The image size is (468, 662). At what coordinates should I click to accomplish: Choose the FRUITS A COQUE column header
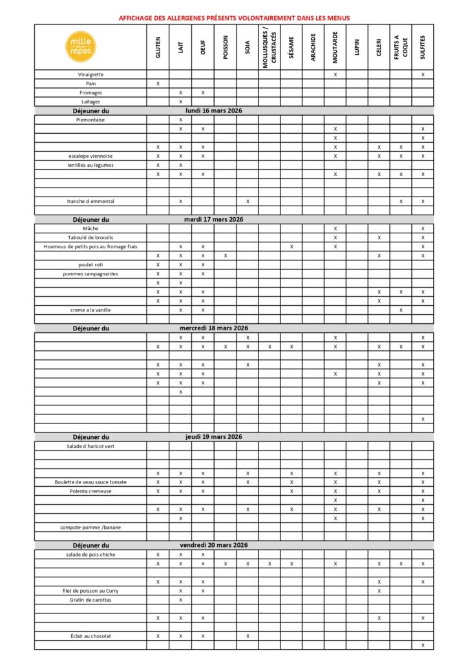(400, 47)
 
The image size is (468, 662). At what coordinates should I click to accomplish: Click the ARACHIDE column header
(313, 47)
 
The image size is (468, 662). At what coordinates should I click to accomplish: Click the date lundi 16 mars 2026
(213, 111)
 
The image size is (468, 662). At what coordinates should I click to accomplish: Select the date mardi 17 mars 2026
(213, 219)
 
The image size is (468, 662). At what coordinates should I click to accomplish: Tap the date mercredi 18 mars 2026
(213, 328)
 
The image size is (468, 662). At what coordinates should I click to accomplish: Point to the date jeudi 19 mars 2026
(213, 437)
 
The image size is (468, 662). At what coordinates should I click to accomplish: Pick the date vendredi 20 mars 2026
(213, 545)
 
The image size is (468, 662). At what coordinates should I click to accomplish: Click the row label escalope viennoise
(90, 156)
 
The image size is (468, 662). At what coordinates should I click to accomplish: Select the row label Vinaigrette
(90, 74)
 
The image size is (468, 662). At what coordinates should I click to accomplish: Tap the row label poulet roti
(90, 264)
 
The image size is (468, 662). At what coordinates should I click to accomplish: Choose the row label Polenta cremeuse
(90, 491)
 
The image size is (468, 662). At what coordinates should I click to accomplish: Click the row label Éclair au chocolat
(90, 635)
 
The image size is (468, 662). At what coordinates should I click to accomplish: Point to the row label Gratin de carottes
(90, 599)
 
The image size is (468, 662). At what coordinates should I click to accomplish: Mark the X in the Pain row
(158, 83)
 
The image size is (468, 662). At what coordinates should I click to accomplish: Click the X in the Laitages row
(180, 101)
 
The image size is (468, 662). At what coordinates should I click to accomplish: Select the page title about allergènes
(234, 17)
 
